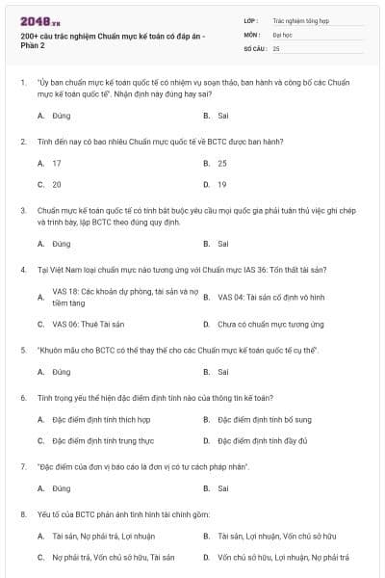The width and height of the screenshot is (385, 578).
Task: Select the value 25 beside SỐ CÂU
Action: coord(276,47)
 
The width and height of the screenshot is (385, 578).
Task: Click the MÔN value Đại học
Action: coord(280,33)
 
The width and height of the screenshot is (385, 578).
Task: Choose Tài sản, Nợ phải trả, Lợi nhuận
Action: coord(102,536)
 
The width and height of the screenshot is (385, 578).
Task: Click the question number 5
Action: coord(22,350)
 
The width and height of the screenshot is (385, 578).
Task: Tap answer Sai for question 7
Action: coord(222,488)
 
